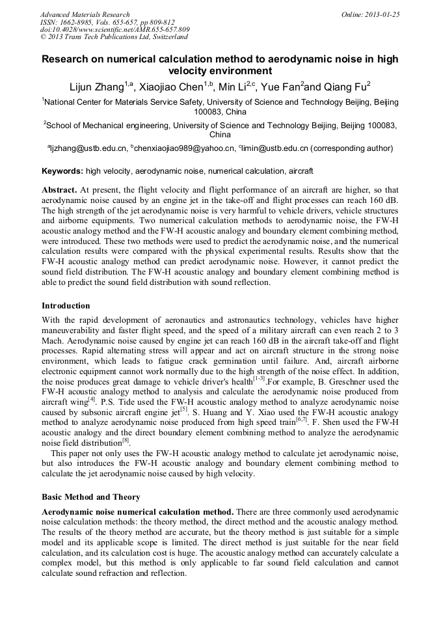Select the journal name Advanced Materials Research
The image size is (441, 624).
85,14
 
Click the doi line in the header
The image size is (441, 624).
114,30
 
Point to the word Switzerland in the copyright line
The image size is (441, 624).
168,38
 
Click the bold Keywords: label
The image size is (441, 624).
62,172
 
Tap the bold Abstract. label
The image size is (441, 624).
59,189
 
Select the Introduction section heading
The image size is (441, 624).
66,306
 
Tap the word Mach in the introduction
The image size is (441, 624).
53,340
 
